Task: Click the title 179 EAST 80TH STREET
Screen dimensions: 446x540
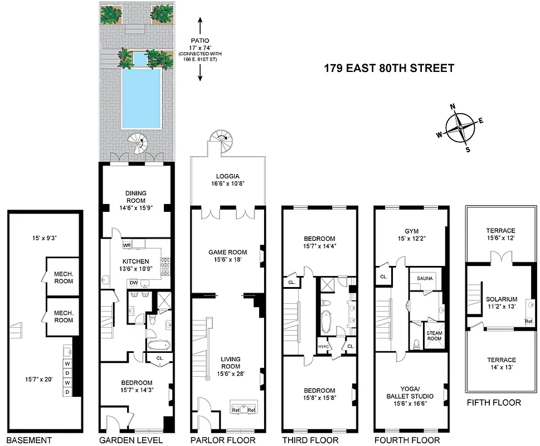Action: pyautogui.click(x=389, y=69)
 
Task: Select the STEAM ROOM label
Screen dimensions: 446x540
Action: pyautogui.click(x=434, y=336)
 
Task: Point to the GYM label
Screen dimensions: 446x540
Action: pyautogui.click(x=411, y=231)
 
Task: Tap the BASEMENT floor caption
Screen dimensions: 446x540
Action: pyautogui.click(x=28, y=440)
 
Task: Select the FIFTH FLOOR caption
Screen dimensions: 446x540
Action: pyautogui.click(x=493, y=403)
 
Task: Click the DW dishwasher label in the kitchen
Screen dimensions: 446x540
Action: pyautogui.click(x=134, y=282)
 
